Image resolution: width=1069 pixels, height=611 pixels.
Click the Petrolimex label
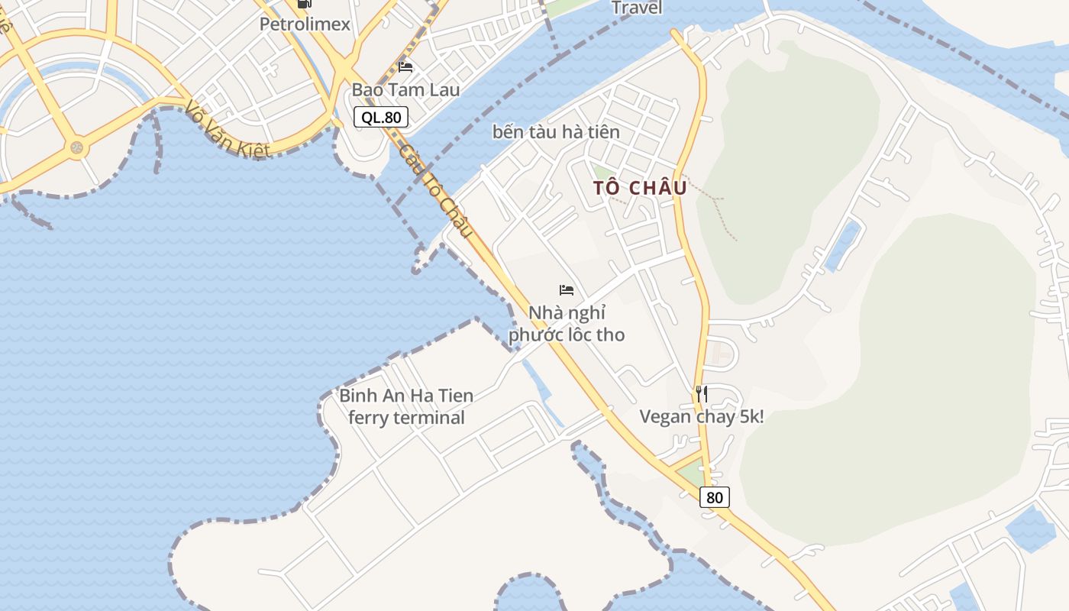coord(305,24)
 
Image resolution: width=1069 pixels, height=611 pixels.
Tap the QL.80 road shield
coord(381,117)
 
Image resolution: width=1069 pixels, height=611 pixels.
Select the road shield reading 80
coord(714,497)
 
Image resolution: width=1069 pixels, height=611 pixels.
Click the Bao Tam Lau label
coord(405,89)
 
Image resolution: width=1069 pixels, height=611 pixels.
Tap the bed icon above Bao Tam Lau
coord(405,67)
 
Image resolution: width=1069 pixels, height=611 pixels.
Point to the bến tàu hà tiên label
coord(556,131)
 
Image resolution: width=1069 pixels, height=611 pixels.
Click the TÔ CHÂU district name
coord(640,188)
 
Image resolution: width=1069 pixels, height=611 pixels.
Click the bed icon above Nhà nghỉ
coord(567,290)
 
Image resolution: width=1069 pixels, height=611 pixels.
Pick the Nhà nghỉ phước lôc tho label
coord(567,324)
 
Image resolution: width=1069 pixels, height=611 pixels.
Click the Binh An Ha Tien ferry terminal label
coord(406,406)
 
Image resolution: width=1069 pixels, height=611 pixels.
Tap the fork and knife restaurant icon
coord(701,394)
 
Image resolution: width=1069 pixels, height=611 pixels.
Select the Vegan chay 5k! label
coord(701,416)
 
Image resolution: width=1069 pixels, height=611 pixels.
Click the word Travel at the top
coord(637,8)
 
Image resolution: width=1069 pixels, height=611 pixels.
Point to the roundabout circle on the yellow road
coord(76,147)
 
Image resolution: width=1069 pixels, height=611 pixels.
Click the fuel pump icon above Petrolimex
coord(305,4)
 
